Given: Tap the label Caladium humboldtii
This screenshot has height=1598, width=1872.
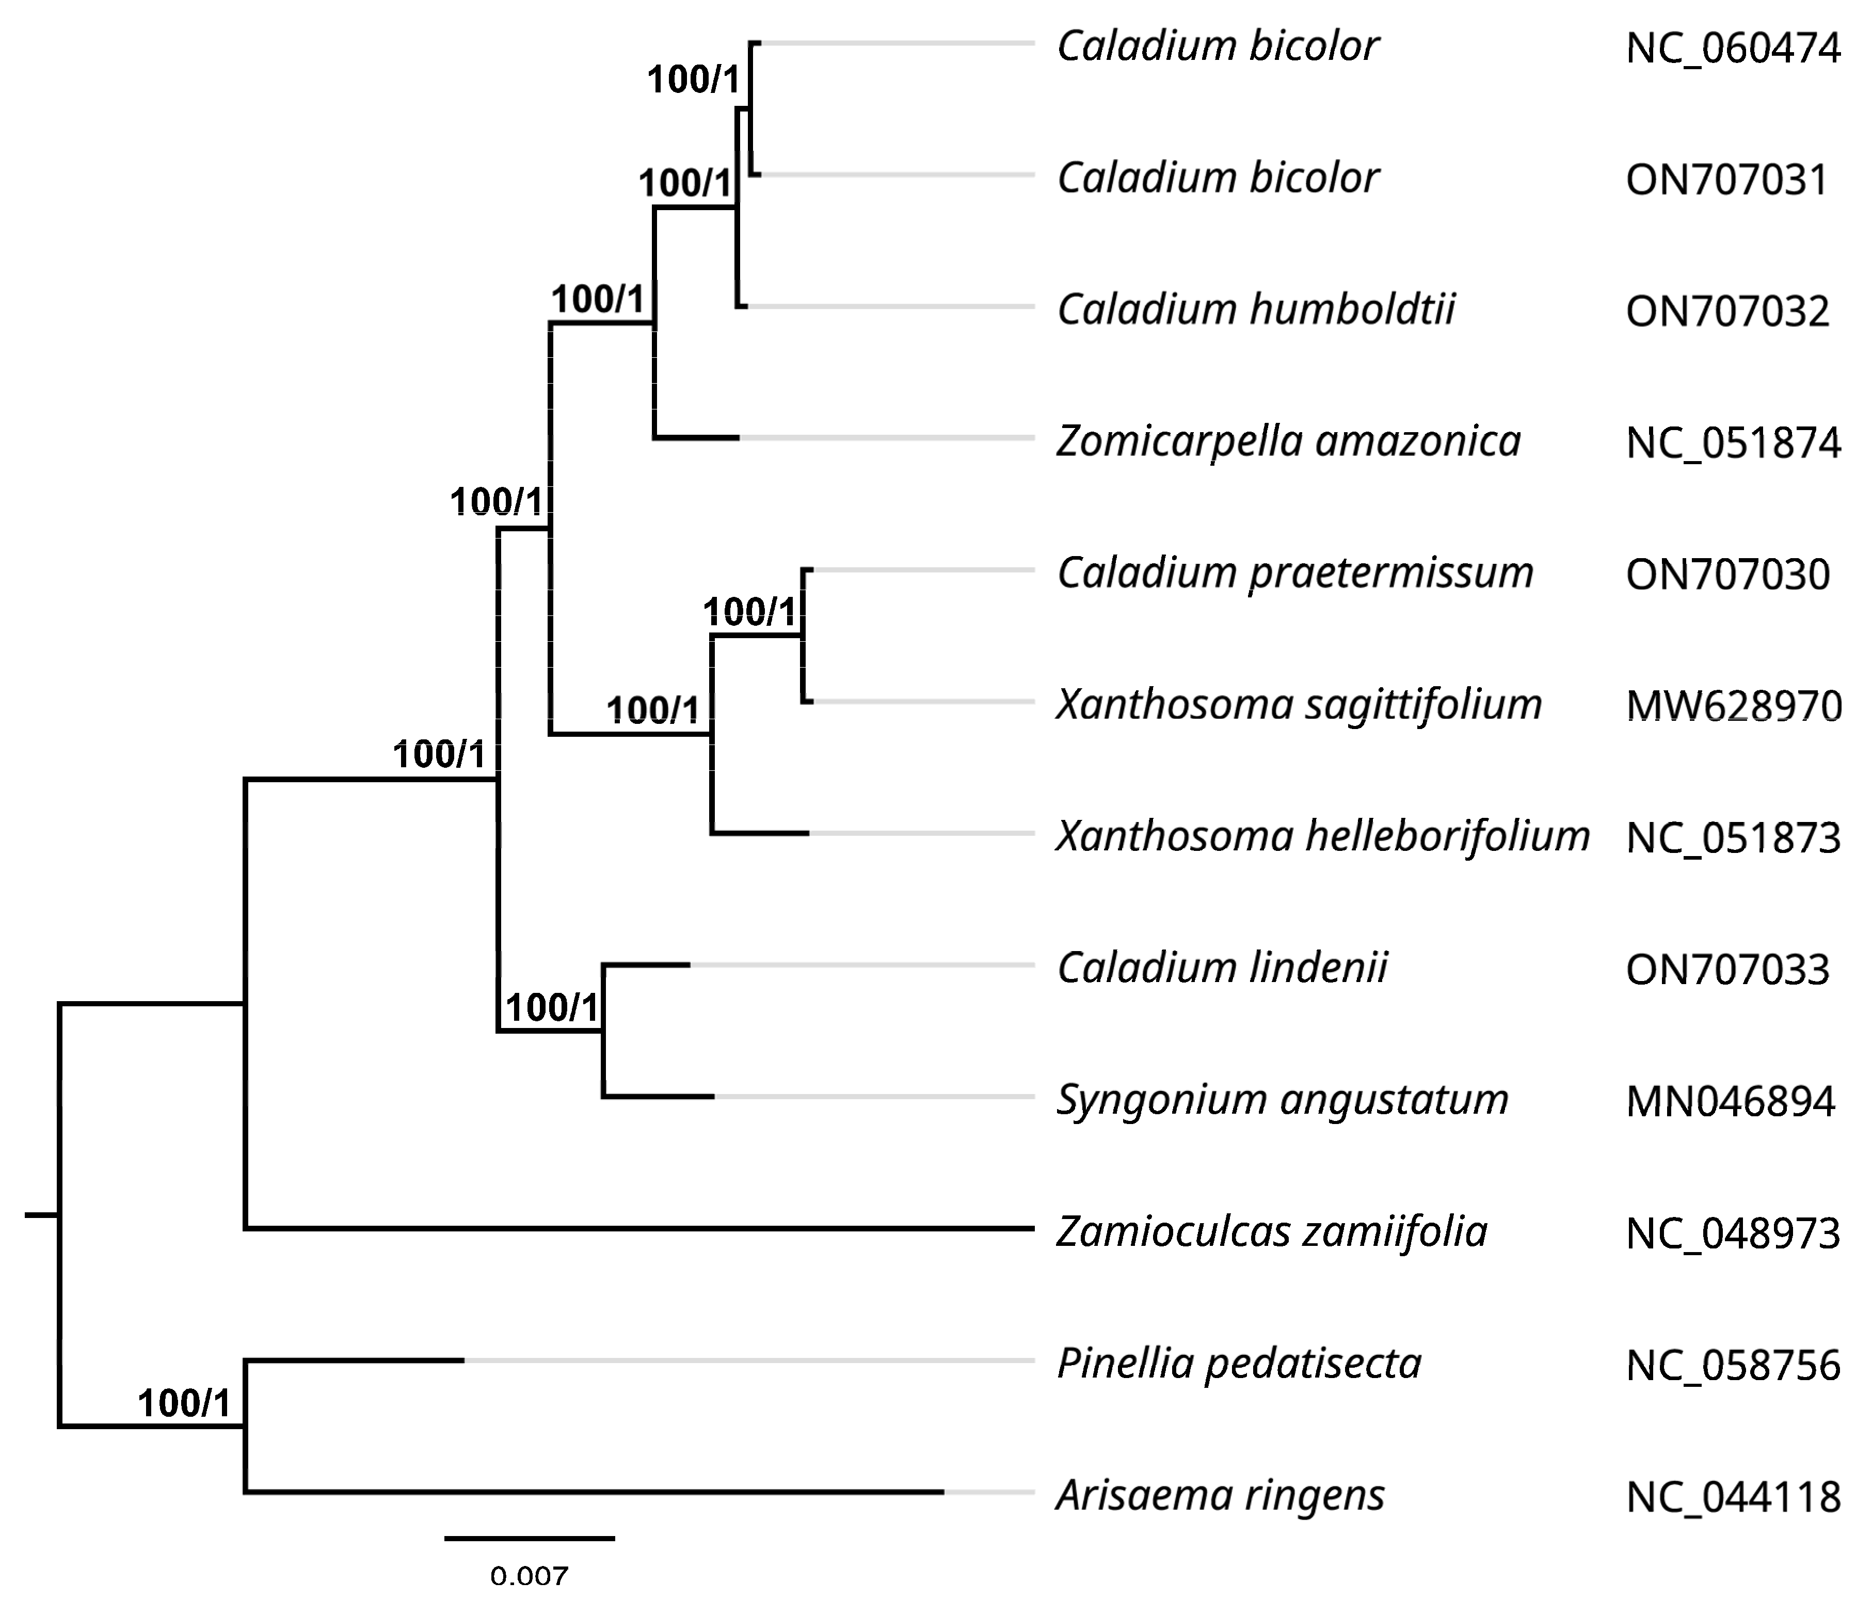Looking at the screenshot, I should (x=1256, y=310).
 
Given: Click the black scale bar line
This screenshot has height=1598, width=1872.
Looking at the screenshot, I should (x=530, y=1538).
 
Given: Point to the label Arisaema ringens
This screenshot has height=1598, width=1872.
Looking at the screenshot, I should (x=1220, y=1496).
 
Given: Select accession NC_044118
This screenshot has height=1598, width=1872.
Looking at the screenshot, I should (x=1732, y=1498).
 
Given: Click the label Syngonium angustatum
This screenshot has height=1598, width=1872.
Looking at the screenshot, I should (x=1282, y=1100).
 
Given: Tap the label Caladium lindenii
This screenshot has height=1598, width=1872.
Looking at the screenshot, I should (x=1222, y=968).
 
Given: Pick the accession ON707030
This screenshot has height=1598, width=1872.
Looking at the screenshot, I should (x=1726, y=575).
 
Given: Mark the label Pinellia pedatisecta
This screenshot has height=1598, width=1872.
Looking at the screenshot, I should (x=1239, y=1364).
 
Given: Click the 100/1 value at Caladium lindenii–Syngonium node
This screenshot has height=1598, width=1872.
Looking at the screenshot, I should (x=552, y=1007).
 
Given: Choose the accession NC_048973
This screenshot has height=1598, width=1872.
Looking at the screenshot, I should (x=1732, y=1234).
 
